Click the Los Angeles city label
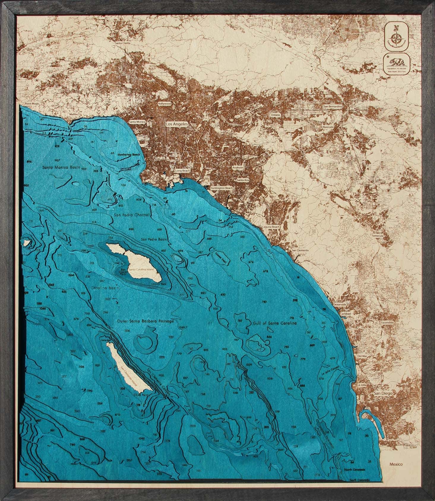[x=177, y=125]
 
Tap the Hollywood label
[x=165, y=104]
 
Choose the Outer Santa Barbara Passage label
[x=145, y=321]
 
